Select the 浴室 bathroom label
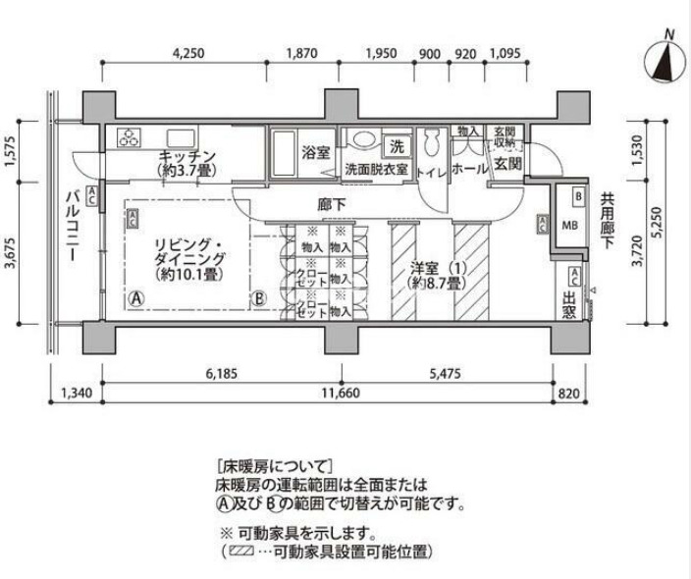pyautogui.click(x=314, y=153)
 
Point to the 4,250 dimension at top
pyautogui.click(x=187, y=54)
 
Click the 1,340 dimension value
pyautogui.click(x=75, y=395)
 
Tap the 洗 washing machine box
pyautogui.click(x=397, y=145)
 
